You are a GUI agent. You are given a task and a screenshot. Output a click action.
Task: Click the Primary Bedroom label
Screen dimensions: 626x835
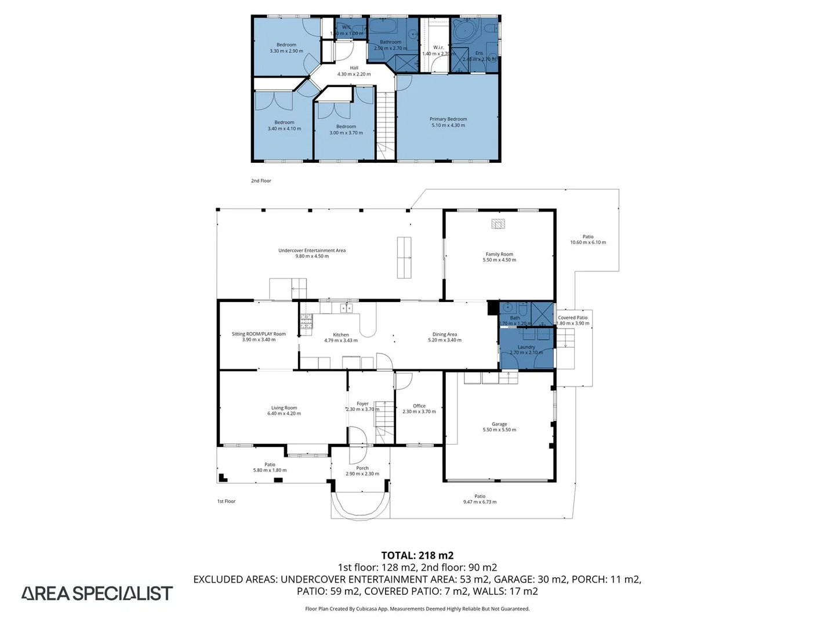click(x=448, y=119)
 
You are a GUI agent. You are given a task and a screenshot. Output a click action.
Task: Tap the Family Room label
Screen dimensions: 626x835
click(x=499, y=254)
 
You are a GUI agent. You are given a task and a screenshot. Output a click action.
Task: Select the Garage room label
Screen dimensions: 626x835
click(x=499, y=424)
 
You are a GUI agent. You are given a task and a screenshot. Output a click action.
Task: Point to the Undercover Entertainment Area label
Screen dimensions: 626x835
click(x=312, y=250)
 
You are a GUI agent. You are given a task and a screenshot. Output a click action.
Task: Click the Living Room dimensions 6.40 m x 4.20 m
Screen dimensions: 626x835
click(x=284, y=414)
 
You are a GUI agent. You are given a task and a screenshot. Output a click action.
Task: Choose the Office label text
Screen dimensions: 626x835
click(x=419, y=406)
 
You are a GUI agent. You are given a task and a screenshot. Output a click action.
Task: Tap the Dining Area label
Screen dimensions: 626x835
click(x=445, y=334)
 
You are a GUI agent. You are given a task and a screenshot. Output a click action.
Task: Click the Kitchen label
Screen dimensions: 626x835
click(x=341, y=334)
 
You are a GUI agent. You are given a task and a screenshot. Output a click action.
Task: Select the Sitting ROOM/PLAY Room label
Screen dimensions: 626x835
click(x=259, y=334)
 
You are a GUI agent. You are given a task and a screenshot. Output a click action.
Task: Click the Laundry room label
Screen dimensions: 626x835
click(x=527, y=347)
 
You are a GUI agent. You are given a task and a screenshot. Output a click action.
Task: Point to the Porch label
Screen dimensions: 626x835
click(x=362, y=468)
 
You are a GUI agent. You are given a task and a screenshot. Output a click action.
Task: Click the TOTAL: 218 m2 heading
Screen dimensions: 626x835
click(x=417, y=555)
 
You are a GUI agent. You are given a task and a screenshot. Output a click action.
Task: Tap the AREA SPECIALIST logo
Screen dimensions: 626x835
click(x=97, y=593)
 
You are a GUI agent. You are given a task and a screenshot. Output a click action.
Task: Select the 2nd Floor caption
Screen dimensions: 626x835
click(x=261, y=181)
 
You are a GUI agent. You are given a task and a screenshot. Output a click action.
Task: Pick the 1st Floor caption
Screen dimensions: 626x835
click(x=226, y=501)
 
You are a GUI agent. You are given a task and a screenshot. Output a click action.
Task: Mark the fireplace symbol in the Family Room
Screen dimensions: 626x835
click(x=498, y=224)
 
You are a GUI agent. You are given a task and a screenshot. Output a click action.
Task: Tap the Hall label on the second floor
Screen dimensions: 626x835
click(x=354, y=68)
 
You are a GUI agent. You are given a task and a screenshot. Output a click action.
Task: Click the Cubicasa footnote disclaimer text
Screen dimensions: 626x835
click(x=417, y=609)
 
